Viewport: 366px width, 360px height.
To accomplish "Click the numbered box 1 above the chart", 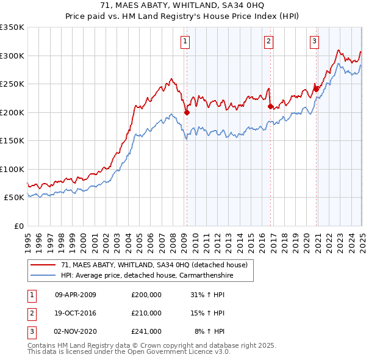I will click(x=184, y=41).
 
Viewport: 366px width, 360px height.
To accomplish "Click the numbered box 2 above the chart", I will click(x=268, y=41).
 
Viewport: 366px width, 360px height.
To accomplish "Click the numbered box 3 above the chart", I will click(x=314, y=41).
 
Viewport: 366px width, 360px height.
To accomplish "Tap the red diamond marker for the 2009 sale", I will click(x=187, y=112).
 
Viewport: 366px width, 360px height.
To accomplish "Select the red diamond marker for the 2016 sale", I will click(x=270, y=106).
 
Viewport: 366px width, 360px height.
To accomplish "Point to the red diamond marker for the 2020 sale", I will click(x=316, y=89).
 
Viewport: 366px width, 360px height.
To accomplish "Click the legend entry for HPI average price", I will click(x=147, y=276).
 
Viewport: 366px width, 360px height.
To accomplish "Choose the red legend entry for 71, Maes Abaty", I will click(x=154, y=265).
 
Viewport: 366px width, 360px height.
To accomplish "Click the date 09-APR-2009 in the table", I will click(x=76, y=295).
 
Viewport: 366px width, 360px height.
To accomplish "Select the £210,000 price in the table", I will click(x=146, y=313).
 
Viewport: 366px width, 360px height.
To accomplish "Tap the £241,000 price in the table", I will click(x=146, y=331).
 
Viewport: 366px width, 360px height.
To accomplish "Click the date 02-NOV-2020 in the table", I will click(x=76, y=331).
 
